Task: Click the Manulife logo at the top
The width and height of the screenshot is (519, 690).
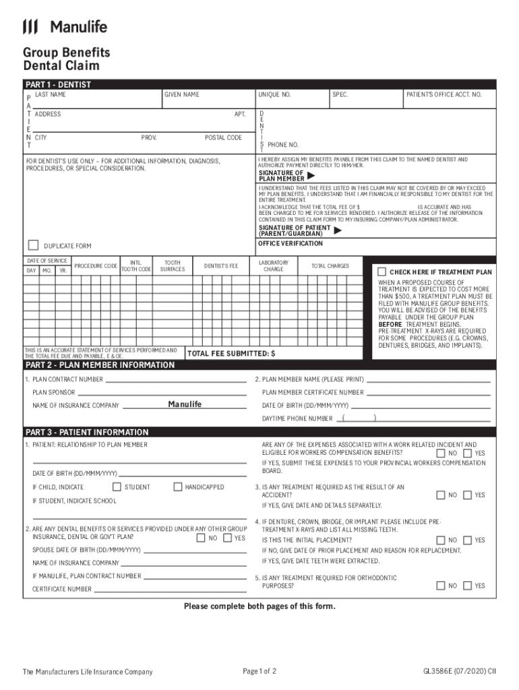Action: point(65,27)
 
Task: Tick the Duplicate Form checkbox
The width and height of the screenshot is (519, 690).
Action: point(32,245)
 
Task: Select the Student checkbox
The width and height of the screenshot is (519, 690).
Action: point(117,487)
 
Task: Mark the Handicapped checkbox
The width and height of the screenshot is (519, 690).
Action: point(177,487)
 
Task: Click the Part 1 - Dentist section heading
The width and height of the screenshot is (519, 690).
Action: point(58,85)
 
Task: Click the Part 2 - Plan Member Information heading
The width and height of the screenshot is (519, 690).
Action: point(100,365)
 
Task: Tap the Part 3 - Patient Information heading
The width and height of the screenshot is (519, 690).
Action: point(87,432)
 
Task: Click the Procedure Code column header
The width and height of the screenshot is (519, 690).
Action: point(96,266)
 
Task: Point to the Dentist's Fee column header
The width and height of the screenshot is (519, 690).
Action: point(222,266)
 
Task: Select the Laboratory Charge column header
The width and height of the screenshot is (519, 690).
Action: point(273,265)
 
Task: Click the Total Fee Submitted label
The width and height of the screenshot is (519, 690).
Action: point(231,353)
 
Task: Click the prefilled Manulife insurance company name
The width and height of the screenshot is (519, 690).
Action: point(184,404)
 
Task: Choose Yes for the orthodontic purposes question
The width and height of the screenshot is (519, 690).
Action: point(468,586)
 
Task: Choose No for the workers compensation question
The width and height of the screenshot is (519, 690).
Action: point(441,453)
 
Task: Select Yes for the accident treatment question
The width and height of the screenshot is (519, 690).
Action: point(468,495)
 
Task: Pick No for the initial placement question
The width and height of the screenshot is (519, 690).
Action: point(441,540)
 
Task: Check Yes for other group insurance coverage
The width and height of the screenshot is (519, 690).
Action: point(227,538)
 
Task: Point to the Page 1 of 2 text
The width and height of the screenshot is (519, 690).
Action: point(259,671)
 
